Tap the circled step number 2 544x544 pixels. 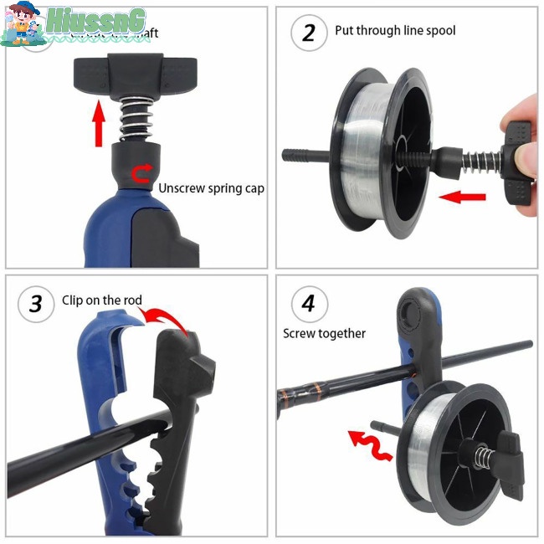click(x=309, y=33)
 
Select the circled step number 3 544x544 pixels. click(x=36, y=303)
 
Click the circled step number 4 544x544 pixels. click(x=309, y=303)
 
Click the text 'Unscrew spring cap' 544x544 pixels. click(x=211, y=188)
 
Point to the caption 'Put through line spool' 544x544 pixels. click(x=395, y=31)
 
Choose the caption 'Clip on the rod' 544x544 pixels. click(x=102, y=300)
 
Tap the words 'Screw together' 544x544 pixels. click(x=324, y=333)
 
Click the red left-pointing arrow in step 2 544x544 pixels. click(x=461, y=198)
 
